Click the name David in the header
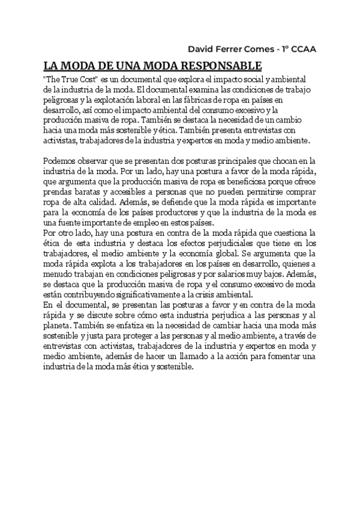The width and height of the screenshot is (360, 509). click(x=202, y=49)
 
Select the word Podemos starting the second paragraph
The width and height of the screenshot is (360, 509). click(x=62, y=162)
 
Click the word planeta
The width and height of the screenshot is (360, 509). click(x=58, y=325)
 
